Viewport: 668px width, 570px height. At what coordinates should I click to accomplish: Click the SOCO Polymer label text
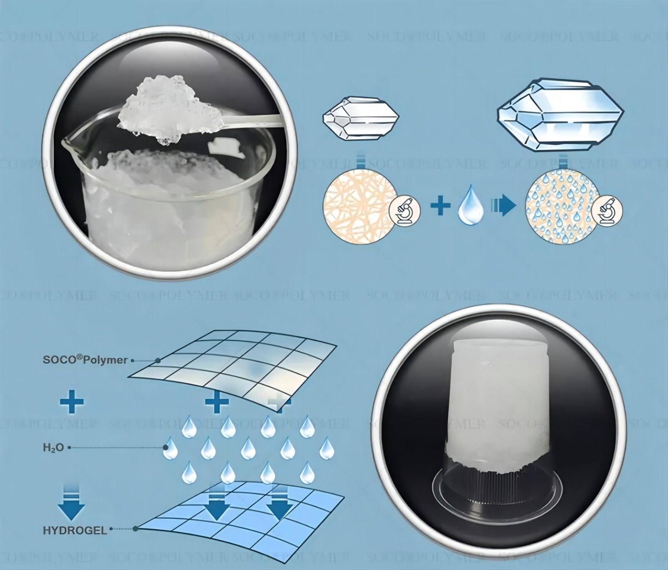point(85,360)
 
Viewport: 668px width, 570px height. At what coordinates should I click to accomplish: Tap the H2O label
point(53,448)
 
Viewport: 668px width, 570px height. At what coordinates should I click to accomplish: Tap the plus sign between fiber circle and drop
point(440,205)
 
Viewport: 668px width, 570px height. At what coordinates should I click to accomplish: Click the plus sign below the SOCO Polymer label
point(72,402)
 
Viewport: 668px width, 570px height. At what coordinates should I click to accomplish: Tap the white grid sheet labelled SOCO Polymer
point(234,359)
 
